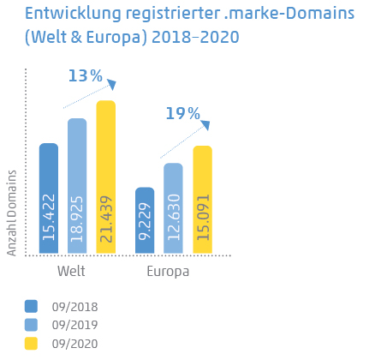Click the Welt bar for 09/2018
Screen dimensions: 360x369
pyautogui.click(x=49, y=199)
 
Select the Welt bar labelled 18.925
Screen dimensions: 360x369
pyautogui.click(x=77, y=186)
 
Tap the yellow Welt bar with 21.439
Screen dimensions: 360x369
pyautogui.click(x=105, y=177)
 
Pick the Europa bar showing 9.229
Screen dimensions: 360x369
pyautogui.click(x=145, y=220)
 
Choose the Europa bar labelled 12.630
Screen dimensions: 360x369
pyautogui.click(x=173, y=208)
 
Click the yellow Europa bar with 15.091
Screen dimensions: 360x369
pyautogui.click(x=202, y=200)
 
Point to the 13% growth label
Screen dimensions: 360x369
pyautogui.click(x=84, y=76)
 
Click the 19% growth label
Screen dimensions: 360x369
pyautogui.click(x=182, y=114)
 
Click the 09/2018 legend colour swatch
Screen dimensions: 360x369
pyautogui.click(x=32, y=306)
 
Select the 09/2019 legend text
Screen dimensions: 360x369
pyautogui.click(x=74, y=325)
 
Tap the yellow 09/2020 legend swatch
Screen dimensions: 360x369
pyautogui.click(x=32, y=343)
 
